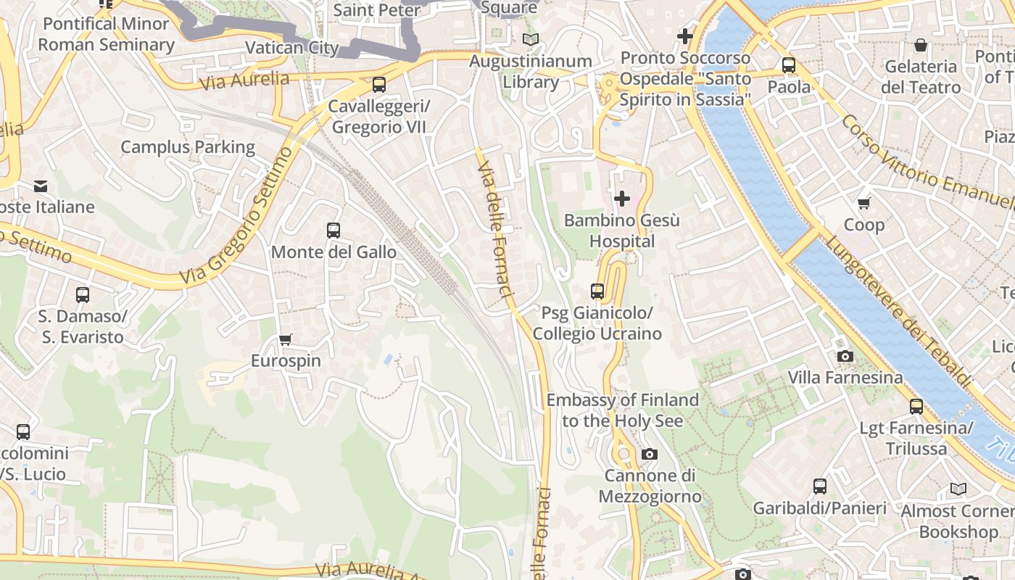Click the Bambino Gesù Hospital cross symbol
point(621,198)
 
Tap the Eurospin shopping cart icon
point(286,339)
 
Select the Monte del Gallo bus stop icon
point(333,231)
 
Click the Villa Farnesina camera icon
point(845,356)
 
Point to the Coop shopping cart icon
point(863,203)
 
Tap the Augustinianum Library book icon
point(531,39)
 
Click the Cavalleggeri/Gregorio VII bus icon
point(378,85)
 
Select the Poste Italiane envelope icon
point(41,186)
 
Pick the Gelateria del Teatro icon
point(920,45)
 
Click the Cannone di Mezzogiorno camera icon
point(650,455)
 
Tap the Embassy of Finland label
point(622,410)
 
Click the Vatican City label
point(292,48)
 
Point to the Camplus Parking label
point(188,147)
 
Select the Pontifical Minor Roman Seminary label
point(106,34)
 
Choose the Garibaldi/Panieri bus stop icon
point(819,486)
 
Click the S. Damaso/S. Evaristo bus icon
point(83,295)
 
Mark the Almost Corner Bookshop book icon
point(958,489)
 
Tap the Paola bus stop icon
point(789,65)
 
